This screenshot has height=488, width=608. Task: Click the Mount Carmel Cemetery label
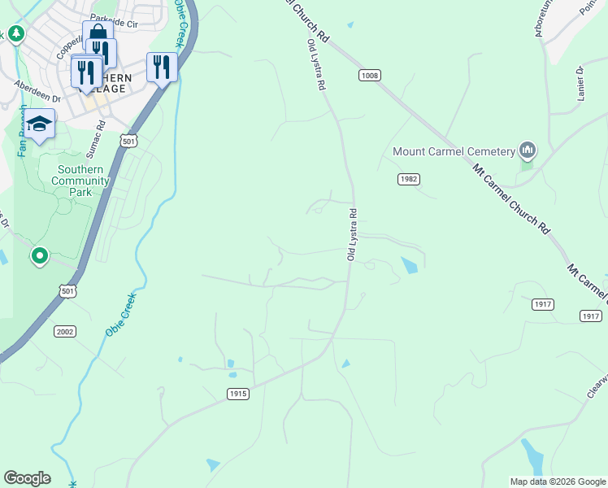click(x=454, y=151)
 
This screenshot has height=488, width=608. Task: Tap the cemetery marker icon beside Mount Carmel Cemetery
click(x=528, y=150)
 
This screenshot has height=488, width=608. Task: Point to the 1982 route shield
click(x=408, y=178)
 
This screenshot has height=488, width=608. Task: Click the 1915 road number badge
click(x=237, y=394)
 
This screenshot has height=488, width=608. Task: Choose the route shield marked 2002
click(x=65, y=331)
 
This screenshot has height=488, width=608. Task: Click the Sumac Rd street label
click(x=97, y=138)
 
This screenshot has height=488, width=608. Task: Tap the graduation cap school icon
click(x=39, y=124)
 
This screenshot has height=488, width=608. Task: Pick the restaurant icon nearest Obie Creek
click(x=162, y=67)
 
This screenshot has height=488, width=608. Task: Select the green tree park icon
click(x=15, y=33)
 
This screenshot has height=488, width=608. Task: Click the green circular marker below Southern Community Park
click(x=39, y=256)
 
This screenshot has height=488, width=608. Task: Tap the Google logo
click(x=27, y=478)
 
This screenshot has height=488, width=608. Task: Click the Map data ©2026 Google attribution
click(x=557, y=481)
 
